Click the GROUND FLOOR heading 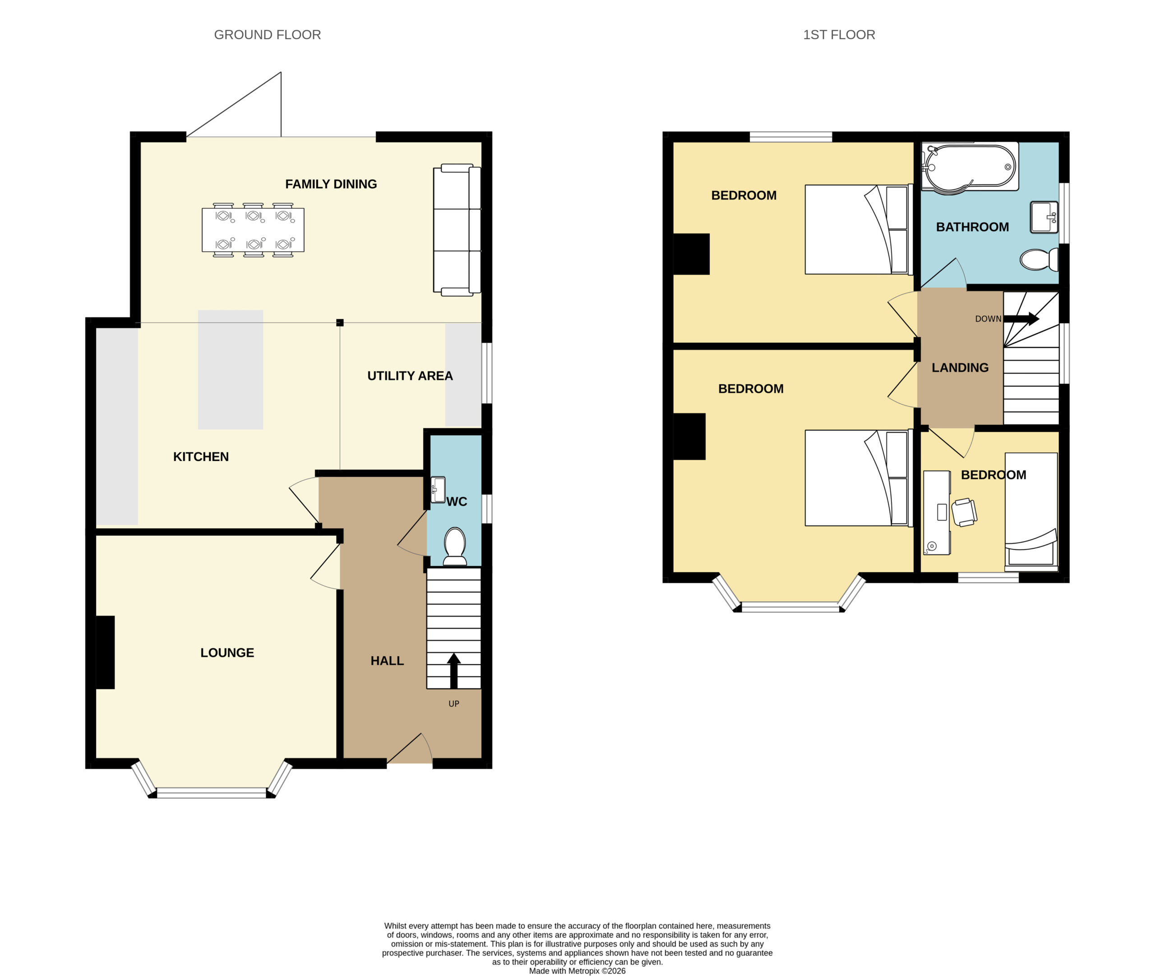pos(267,35)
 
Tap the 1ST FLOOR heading pos(839,35)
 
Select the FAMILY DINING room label pos(331,184)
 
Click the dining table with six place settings pos(253,230)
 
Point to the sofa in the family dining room pos(457,230)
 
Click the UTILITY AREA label pos(410,376)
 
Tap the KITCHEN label pos(201,457)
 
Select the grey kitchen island pos(230,369)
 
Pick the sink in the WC pos(438,490)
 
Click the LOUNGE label pos(227,653)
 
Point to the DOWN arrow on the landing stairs pos(1021,319)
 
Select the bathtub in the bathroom pos(970,166)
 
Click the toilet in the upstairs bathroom pos(1039,259)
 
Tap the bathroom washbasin pos(1044,217)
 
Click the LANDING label pos(960,368)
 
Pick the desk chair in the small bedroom pos(964,512)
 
